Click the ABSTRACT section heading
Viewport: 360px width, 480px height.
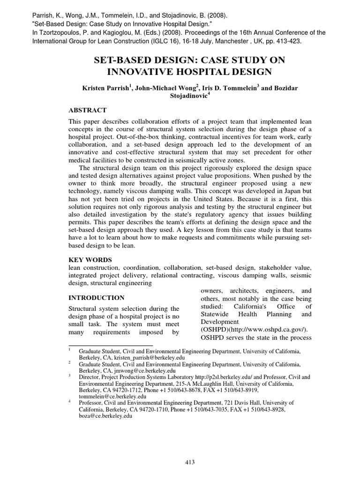click(x=88, y=110)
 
